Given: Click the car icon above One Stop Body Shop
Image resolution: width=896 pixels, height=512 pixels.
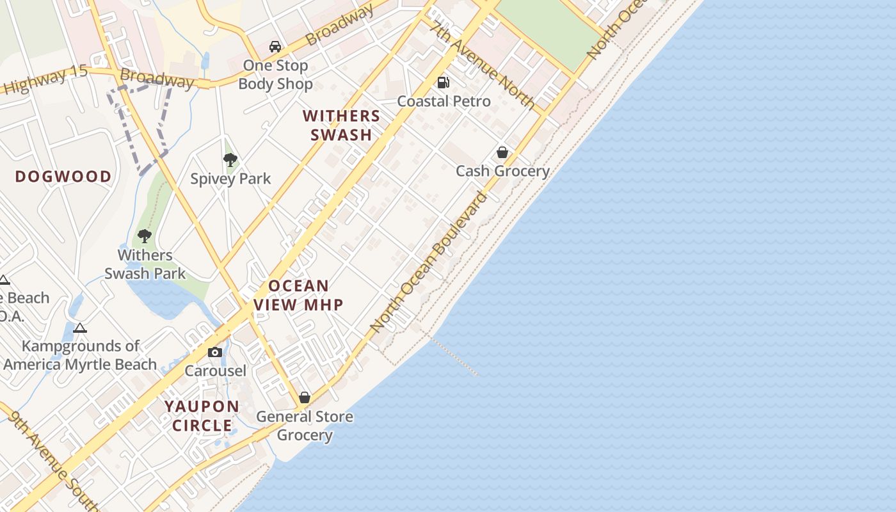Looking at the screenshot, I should click(275, 47).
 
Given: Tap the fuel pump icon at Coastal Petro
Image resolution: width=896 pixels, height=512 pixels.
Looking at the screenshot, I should click(443, 82).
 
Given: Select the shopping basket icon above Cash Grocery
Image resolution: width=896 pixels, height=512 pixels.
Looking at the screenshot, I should click(502, 152).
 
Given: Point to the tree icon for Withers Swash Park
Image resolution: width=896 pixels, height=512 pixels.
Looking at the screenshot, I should click(145, 236).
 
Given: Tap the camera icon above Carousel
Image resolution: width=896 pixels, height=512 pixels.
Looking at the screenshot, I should click(215, 352).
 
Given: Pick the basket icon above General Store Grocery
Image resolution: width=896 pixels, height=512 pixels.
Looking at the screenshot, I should click(305, 397).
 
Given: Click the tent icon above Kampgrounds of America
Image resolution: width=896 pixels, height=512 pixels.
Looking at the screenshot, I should click(79, 328).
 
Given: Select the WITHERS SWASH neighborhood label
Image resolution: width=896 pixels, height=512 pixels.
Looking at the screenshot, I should click(341, 125).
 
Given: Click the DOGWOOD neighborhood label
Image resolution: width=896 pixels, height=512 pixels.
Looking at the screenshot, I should click(63, 177).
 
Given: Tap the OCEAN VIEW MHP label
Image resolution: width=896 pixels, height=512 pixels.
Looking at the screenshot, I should click(299, 295).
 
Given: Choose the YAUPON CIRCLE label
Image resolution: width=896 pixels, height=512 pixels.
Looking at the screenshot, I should click(202, 416).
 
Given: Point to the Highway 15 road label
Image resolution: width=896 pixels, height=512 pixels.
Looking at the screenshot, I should click(44, 79).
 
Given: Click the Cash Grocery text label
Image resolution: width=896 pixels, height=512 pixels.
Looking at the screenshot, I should click(502, 171).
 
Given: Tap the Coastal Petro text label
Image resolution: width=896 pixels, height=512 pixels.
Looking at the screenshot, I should click(444, 101).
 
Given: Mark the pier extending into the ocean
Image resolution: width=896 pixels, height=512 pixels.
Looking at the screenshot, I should click(454, 355).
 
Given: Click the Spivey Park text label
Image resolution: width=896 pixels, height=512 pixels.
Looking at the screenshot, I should click(230, 179).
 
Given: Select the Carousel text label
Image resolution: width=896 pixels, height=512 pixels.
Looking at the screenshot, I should click(215, 371).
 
